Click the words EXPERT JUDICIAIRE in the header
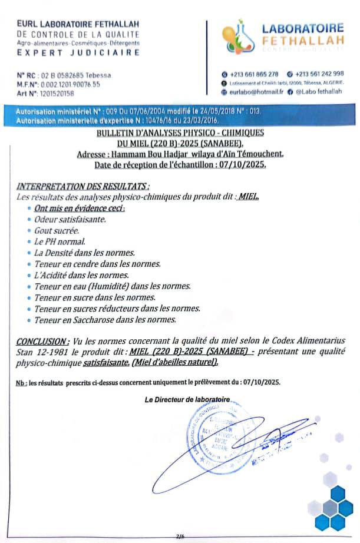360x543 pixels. (x=79, y=52)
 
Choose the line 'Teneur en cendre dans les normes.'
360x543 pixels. (x=97, y=264)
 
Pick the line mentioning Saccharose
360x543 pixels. (x=105, y=320)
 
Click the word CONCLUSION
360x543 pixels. (x=42, y=341)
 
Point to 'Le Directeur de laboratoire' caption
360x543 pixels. (x=187, y=400)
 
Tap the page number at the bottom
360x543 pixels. (x=180, y=536)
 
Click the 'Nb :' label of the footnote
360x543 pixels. (x=21, y=383)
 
